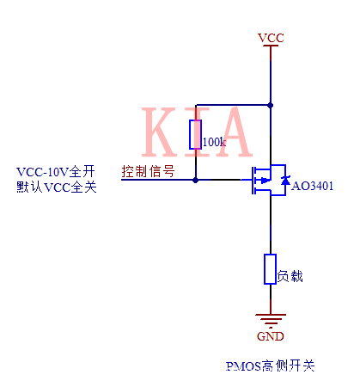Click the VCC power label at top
pos(271,37)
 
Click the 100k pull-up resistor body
pos(196,134)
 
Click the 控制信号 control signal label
pos(148,170)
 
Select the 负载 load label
pos(290,277)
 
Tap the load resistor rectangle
pos(271,269)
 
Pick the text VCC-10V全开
pos(57,170)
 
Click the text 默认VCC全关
pos(57,187)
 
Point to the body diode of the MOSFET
pos(284,180)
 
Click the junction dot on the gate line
pos(196,180)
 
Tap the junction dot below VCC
pos(271,105)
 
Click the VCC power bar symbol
pos(271,46)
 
